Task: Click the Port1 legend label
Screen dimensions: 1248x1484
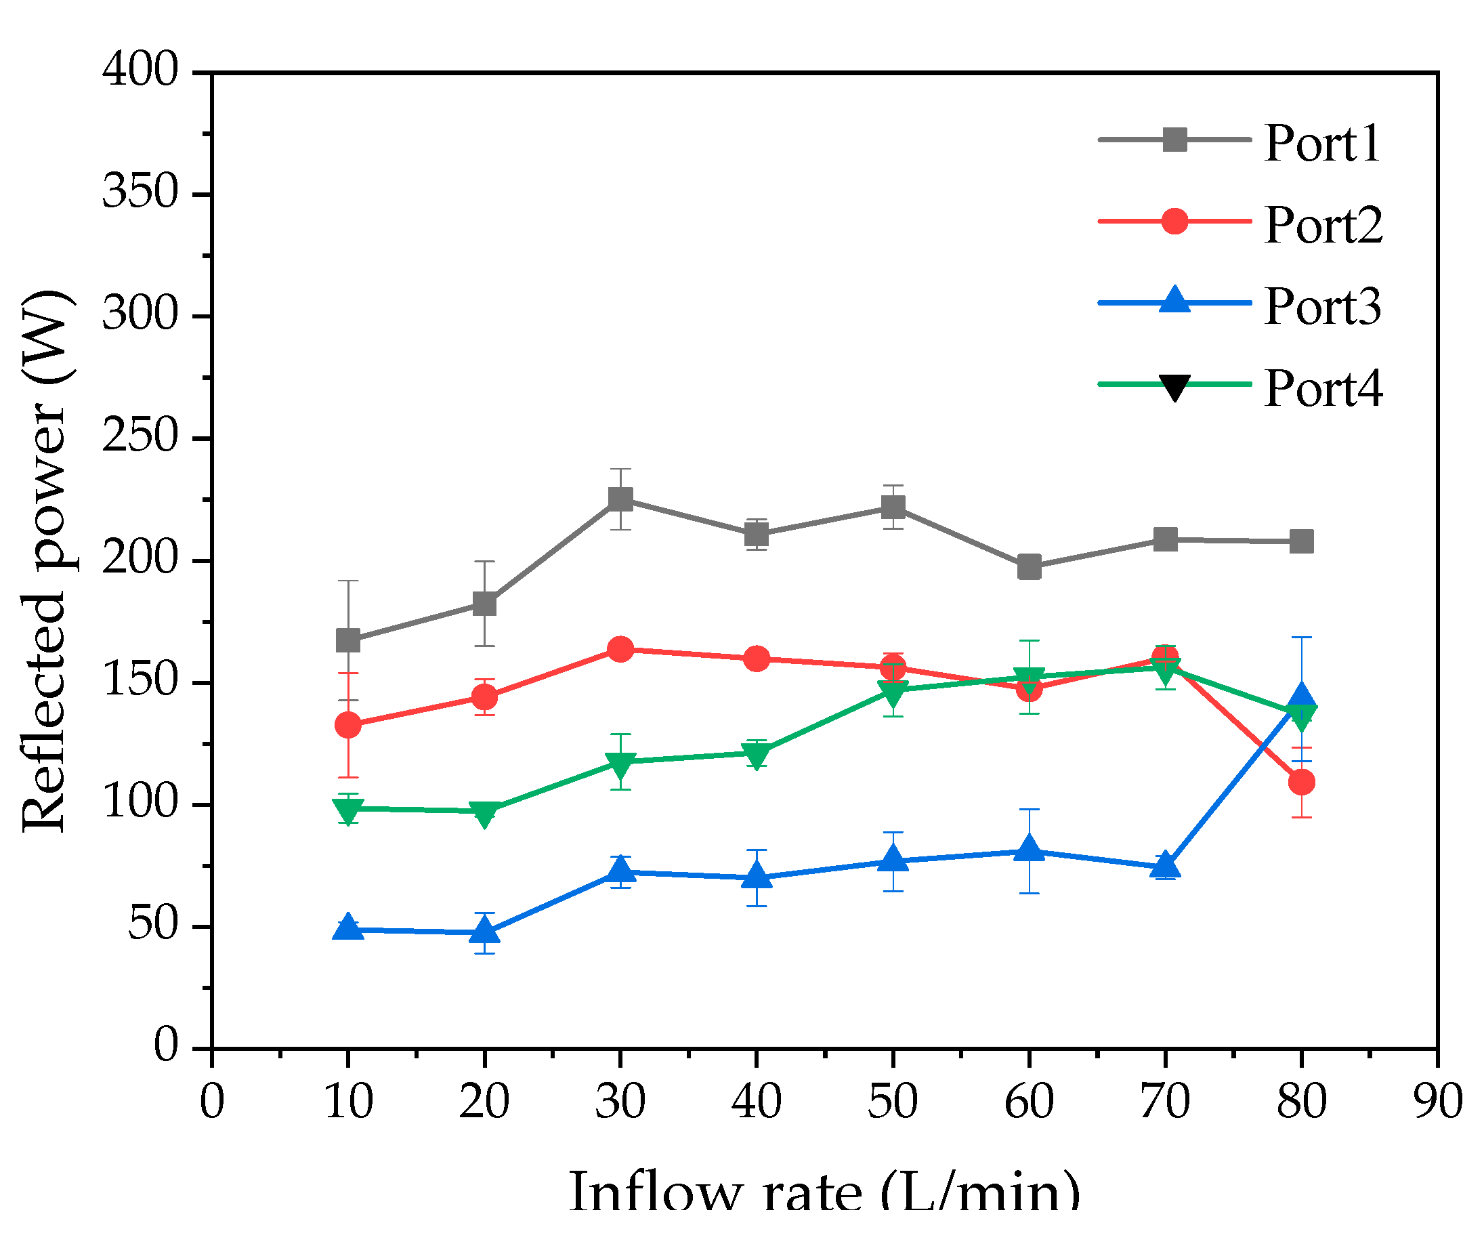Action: (1321, 144)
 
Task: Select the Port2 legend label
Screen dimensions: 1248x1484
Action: (1322, 226)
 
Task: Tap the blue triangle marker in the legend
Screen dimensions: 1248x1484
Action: (1174, 300)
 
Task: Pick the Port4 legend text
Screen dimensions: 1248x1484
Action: (1322, 389)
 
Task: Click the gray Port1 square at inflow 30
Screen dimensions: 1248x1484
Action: (620, 499)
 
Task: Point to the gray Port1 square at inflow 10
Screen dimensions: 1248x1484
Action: (348, 640)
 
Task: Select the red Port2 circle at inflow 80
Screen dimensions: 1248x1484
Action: (1301, 783)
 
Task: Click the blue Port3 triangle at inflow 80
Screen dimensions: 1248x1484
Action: (1301, 698)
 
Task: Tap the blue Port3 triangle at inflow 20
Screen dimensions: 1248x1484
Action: (484, 931)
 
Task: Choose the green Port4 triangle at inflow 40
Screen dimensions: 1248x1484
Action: (756, 755)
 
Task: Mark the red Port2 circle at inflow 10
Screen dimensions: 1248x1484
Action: (348, 725)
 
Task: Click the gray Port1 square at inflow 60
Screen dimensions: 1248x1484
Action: (1028, 567)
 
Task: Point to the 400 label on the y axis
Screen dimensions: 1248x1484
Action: (140, 70)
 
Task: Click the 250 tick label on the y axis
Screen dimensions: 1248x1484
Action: (140, 436)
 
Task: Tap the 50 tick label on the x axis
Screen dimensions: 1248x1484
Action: (893, 1102)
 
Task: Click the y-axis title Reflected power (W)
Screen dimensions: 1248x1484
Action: (44, 560)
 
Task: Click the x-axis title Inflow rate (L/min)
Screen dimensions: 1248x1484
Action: (824, 1192)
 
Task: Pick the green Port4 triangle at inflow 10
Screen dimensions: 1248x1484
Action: (348, 810)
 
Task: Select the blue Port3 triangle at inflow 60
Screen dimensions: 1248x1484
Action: (1028, 850)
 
